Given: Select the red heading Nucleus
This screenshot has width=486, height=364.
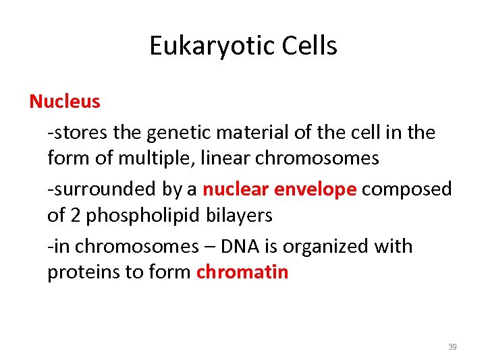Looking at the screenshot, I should pyautogui.click(x=65, y=102).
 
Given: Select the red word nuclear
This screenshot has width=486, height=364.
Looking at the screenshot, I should pyautogui.click(x=236, y=189).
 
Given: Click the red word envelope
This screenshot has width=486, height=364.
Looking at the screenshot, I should pyautogui.click(x=316, y=189).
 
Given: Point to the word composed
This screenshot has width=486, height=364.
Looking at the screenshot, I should pyautogui.click(x=407, y=189).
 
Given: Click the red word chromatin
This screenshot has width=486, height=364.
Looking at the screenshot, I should pyautogui.click(x=242, y=272).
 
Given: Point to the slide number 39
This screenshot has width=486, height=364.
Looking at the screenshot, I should pyautogui.click(x=452, y=347).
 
